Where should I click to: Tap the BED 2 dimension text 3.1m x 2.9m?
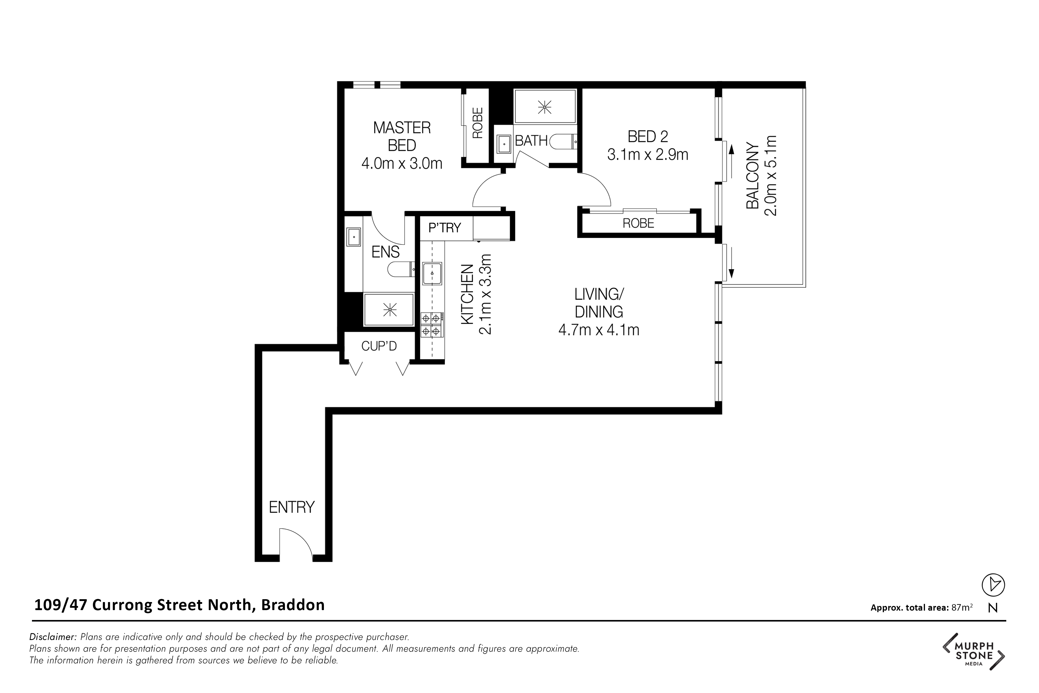648,155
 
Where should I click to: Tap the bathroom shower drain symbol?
545,107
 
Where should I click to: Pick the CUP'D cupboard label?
379,346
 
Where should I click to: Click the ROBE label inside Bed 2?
638,223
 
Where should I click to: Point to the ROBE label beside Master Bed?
477,123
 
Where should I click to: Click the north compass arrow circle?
993,585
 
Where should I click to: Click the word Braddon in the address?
293,605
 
